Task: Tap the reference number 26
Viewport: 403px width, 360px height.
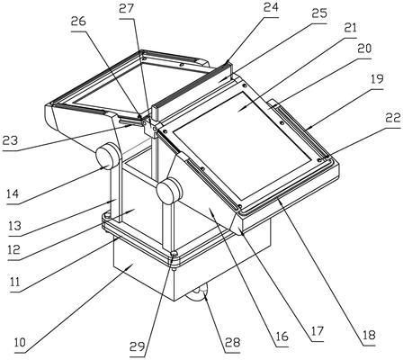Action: tap(78, 21)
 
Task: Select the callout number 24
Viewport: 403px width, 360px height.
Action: tap(271, 7)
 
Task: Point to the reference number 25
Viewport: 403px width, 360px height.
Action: tap(318, 13)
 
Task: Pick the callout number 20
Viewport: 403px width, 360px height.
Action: tap(363, 48)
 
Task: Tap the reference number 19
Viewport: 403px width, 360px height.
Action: tap(377, 79)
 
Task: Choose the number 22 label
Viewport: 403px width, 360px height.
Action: tap(393, 119)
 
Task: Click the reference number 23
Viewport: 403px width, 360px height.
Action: tap(10, 140)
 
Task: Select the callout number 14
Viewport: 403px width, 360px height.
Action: tap(13, 193)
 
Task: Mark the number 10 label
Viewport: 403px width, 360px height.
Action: tap(21, 343)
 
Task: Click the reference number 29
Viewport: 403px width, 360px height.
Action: tap(138, 347)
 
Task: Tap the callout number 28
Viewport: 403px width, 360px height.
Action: tap(232, 342)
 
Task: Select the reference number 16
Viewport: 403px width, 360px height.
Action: tap(282, 337)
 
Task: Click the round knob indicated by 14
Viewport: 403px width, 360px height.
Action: tap(106, 156)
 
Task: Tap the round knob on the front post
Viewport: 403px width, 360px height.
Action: tap(168, 190)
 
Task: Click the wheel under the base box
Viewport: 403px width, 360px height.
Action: tap(198, 294)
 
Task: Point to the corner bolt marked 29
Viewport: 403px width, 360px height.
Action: tap(174, 255)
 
